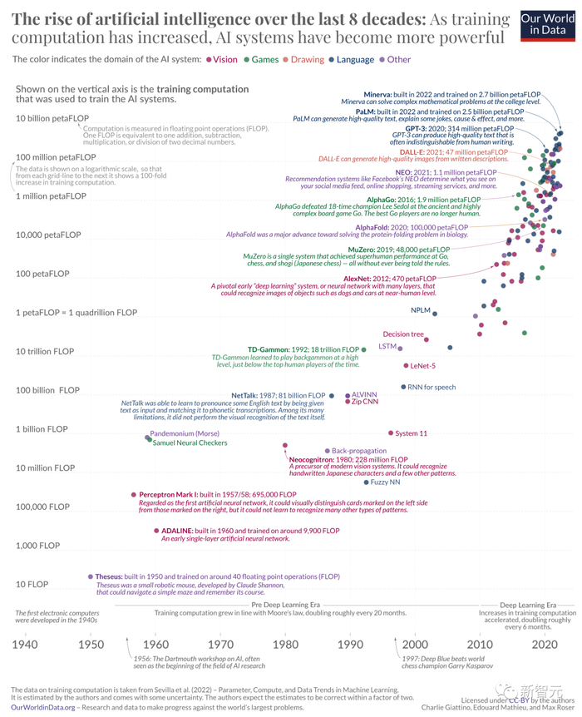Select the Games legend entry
pyautogui.click(x=263, y=59)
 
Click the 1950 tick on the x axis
pyautogui.click(x=90, y=644)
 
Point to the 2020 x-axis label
pyautogui.click(x=544, y=644)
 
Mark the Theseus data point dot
pyautogui.click(x=89, y=576)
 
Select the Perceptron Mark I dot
pyautogui.click(x=133, y=495)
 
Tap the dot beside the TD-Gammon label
pyautogui.click(x=363, y=349)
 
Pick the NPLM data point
pyautogui.click(x=435, y=311)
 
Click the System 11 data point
pyautogui.click(x=391, y=433)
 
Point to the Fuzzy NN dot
pyautogui.click(x=365, y=482)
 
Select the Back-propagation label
pyautogui.click(x=361, y=450)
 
